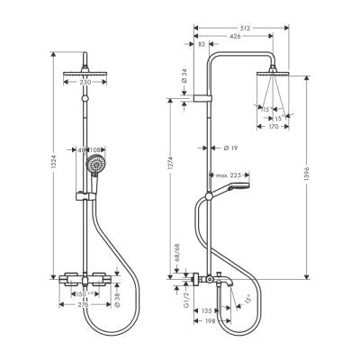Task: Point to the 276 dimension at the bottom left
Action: [x=87, y=304]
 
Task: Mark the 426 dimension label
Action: [x=236, y=37]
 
